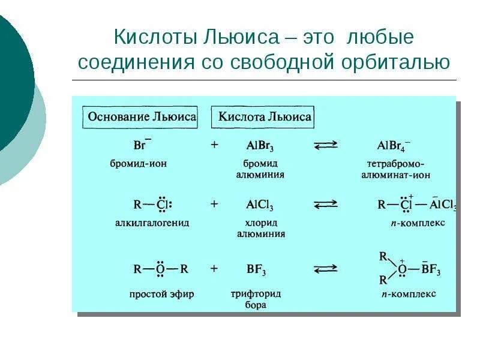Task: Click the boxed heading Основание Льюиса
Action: point(142,116)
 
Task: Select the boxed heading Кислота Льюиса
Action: point(265,116)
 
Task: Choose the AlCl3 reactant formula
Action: point(260,205)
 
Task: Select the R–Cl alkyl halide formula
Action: point(152,205)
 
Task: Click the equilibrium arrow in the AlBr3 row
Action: point(326,146)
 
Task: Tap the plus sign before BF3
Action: point(214,269)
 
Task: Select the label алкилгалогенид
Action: point(152,223)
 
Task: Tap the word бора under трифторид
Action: point(256,305)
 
